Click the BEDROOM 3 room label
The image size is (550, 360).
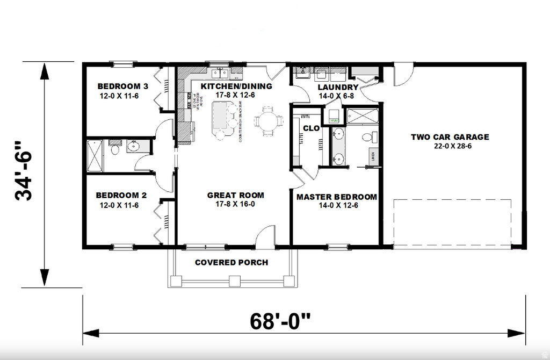[122, 86]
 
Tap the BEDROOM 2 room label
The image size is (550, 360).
[121, 196]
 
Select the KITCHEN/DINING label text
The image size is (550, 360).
[236, 86]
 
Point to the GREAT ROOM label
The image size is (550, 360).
[235, 196]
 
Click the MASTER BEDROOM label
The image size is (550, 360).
[337, 197]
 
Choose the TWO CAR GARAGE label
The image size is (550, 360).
[450, 137]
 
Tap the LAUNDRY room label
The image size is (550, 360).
[338, 87]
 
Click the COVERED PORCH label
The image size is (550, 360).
[231, 263]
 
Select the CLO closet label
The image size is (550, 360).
[312, 128]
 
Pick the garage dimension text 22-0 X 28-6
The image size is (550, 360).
[450, 146]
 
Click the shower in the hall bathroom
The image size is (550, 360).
[95, 155]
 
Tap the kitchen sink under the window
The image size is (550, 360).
[220, 73]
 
